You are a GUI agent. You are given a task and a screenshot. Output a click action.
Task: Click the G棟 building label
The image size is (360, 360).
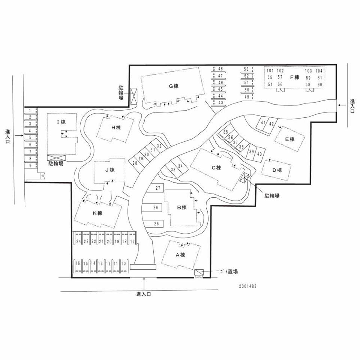pyautogui.click(x=174, y=86)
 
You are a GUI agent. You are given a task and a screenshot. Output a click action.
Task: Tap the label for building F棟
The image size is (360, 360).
pyautogui.click(x=295, y=77)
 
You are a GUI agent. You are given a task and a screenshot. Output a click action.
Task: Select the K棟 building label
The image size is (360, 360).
pyautogui.click(x=97, y=213)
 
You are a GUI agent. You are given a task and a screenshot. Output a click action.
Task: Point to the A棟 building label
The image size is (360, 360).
pyautogui.click(x=180, y=255)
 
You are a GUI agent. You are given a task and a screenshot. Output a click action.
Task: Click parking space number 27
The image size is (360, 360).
pyautogui.click(x=158, y=188)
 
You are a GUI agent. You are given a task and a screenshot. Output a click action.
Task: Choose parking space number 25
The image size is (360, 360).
pyautogui.click(x=157, y=223)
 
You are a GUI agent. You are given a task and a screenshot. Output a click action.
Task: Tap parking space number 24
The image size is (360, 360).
pyautogui.click(x=79, y=241)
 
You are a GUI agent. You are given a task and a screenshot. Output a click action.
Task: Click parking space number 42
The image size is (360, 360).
pyautogui.click(x=271, y=124)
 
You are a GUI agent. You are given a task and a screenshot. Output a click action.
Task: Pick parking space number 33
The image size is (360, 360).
pyautogui.click(x=173, y=169)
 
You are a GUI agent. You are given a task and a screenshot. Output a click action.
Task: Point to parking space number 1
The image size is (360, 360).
pyautogui.click(x=30, y=111)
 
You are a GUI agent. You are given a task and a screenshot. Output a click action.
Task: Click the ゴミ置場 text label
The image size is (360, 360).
pyautogui.click(x=229, y=271)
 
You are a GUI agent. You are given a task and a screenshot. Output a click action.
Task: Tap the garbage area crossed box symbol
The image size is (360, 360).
pyautogui.click(x=199, y=272)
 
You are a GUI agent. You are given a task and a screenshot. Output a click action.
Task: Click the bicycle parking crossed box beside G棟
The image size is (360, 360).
pyautogui.click(x=133, y=96)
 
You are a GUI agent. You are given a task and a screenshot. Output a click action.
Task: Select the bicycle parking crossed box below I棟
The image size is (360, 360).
pyautogui.click(x=56, y=158)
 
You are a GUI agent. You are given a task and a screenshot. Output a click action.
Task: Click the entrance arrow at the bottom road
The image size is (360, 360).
pyautogui.click(x=144, y=284)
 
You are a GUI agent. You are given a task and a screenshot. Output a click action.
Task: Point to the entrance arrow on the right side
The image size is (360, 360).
pyautogui.click(x=342, y=105)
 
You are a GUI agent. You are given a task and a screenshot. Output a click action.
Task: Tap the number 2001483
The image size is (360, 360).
pyautogui.click(x=248, y=286)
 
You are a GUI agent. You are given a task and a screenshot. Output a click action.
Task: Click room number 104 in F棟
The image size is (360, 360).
pyautogui.click(x=319, y=71)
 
